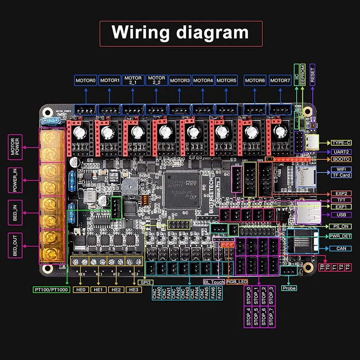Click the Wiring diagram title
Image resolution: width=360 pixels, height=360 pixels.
click(180, 33)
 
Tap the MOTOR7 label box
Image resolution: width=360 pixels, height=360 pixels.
click(280, 81)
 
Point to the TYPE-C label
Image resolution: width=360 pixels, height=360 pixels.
click(341, 143)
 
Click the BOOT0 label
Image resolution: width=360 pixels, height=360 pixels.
click(341, 159)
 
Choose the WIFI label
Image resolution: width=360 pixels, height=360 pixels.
click(341, 169)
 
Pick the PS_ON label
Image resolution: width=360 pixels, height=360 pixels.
click(341, 226)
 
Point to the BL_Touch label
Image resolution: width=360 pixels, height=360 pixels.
click(214, 282)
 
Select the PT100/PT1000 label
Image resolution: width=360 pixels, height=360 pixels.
click(51, 289)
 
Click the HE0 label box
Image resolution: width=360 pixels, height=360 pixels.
click(81, 289)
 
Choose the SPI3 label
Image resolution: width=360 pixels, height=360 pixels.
click(145, 282)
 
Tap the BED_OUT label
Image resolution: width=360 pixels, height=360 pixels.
click(15, 245)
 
